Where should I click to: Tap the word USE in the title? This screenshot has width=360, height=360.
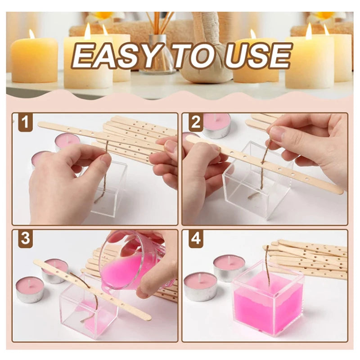[x=258, y=56]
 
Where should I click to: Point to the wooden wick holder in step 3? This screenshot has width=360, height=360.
[x=90, y=290]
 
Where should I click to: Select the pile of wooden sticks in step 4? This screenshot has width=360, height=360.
[x=310, y=259]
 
